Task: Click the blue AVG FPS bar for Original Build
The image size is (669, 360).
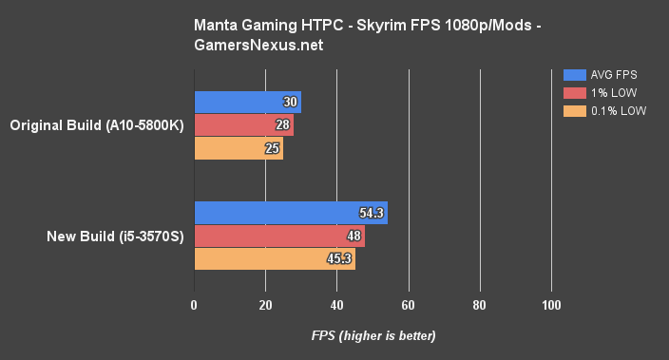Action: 247,103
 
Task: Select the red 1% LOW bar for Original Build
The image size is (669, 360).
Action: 243,125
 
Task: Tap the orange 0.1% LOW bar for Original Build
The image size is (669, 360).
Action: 239,148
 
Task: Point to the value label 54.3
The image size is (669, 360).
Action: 373,214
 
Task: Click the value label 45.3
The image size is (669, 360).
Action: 340,259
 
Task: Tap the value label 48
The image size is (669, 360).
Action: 354,237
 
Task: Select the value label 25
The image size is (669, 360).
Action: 274,148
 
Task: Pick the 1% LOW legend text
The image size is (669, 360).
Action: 614,93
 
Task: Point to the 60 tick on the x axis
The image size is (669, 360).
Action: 409,306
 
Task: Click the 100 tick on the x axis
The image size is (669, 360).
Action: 551,306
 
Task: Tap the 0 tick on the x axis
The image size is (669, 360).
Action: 195,306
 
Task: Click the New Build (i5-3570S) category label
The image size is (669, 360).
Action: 113,237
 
